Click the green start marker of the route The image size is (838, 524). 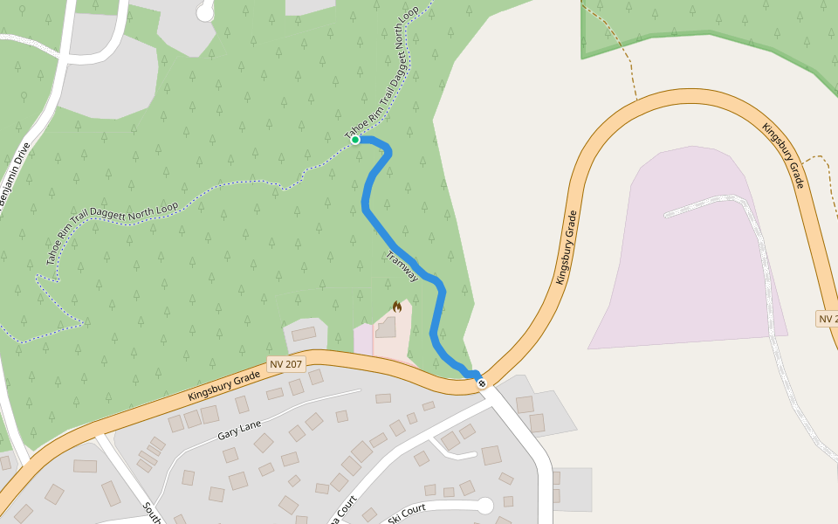pos(355,140)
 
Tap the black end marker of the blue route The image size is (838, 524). pos(481,383)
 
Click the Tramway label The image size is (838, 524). pos(402,265)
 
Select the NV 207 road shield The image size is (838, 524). pos(286,363)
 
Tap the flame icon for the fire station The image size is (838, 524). pos(397,307)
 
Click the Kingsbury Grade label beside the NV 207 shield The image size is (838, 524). pos(224,384)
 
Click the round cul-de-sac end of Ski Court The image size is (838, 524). pos(485,505)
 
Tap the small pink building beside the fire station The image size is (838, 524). pos(363,339)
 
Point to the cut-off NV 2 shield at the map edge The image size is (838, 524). pos(827,319)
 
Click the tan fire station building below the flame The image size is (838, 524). pos(386,327)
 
